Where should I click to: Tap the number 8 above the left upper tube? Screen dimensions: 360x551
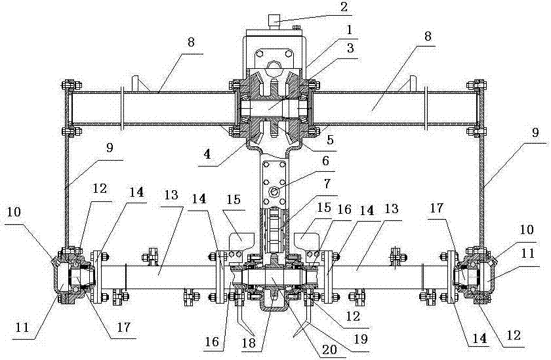191,41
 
